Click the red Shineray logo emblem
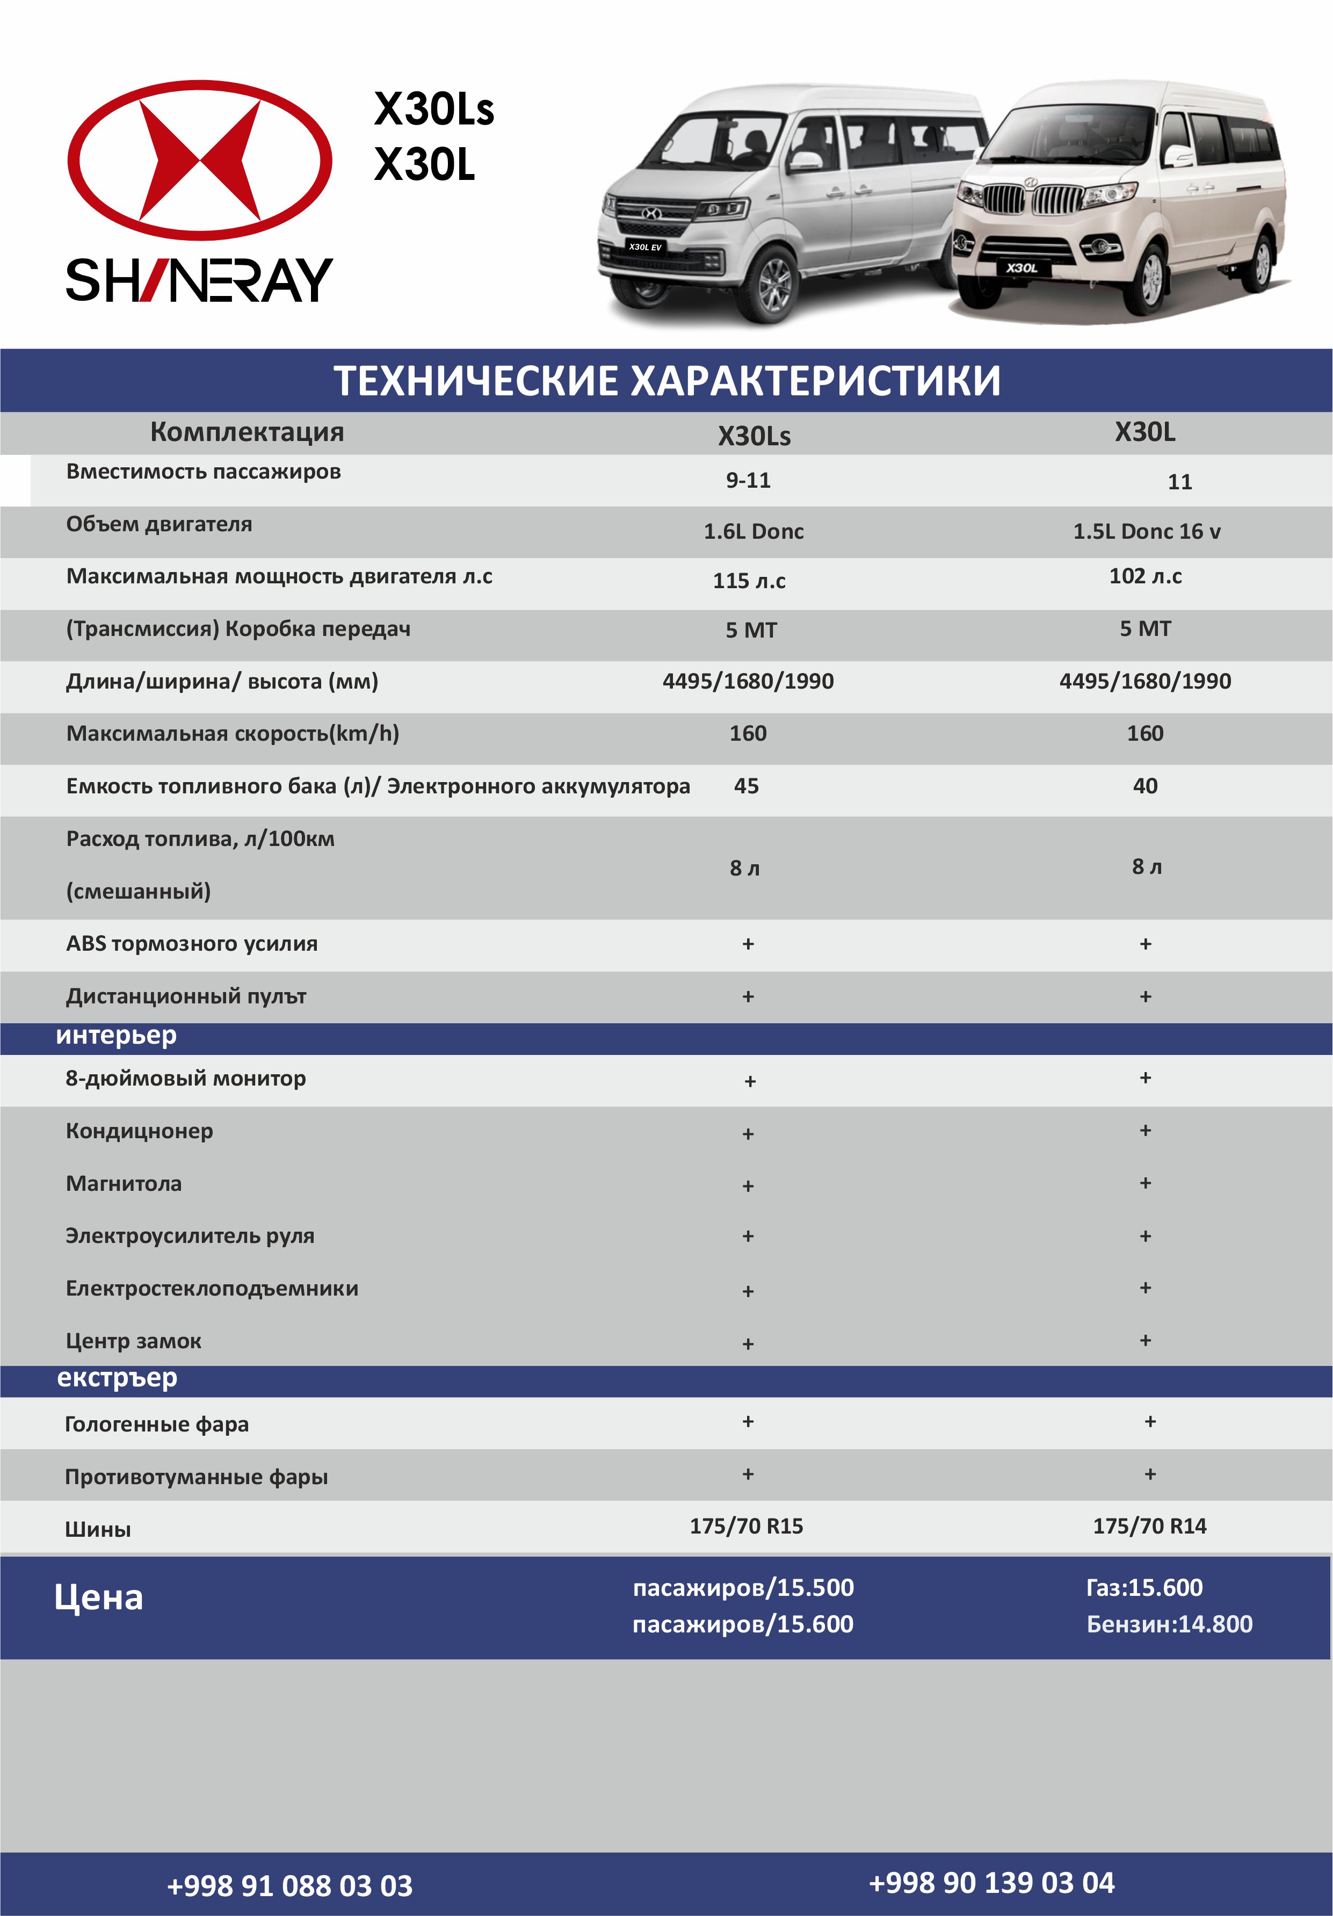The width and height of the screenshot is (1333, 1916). pos(199,160)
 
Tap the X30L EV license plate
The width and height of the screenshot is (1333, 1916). pos(645,247)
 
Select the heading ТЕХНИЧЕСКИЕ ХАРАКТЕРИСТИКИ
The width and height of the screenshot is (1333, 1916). pos(666,380)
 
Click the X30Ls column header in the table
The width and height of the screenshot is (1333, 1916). pos(754,436)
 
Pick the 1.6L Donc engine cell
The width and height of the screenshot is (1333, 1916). pos(754,532)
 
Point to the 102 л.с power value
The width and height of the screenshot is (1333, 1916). pos(1146,576)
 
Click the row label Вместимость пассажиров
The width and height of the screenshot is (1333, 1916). pos(204,472)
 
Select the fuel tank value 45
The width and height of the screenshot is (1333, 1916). pos(747,786)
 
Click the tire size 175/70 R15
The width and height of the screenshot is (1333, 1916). pos(747,1526)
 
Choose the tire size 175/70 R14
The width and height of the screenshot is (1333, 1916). pos(1149,1526)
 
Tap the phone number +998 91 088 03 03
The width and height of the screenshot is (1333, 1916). pos(289,1886)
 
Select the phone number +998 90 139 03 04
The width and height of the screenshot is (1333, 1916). pos(991,1883)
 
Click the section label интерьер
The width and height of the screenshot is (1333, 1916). pos(116,1036)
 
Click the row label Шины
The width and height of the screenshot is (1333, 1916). pos(98,1530)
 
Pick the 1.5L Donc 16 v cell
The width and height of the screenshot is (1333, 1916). pos(1146,532)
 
